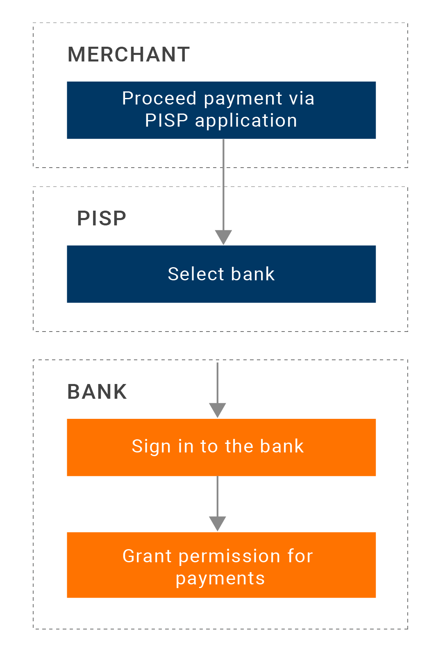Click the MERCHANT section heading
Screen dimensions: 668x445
click(129, 55)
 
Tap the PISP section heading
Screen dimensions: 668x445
click(102, 218)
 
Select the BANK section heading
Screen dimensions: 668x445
click(97, 391)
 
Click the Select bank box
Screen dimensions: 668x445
click(221, 274)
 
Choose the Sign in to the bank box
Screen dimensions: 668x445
click(221, 447)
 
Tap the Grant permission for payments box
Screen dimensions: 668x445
click(221, 565)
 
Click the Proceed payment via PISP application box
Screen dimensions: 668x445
click(221, 110)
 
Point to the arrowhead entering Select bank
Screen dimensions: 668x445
click(223, 237)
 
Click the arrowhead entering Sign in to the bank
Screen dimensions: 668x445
click(218, 410)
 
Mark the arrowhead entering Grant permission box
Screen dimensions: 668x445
click(218, 524)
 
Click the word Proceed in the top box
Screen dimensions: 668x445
click(159, 98)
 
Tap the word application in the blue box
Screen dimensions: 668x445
click(246, 121)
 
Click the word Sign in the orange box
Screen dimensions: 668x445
click(151, 446)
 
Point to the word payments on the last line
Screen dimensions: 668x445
click(220, 579)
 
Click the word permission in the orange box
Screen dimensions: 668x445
click(229, 557)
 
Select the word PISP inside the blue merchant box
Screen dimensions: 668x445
click(166, 120)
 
